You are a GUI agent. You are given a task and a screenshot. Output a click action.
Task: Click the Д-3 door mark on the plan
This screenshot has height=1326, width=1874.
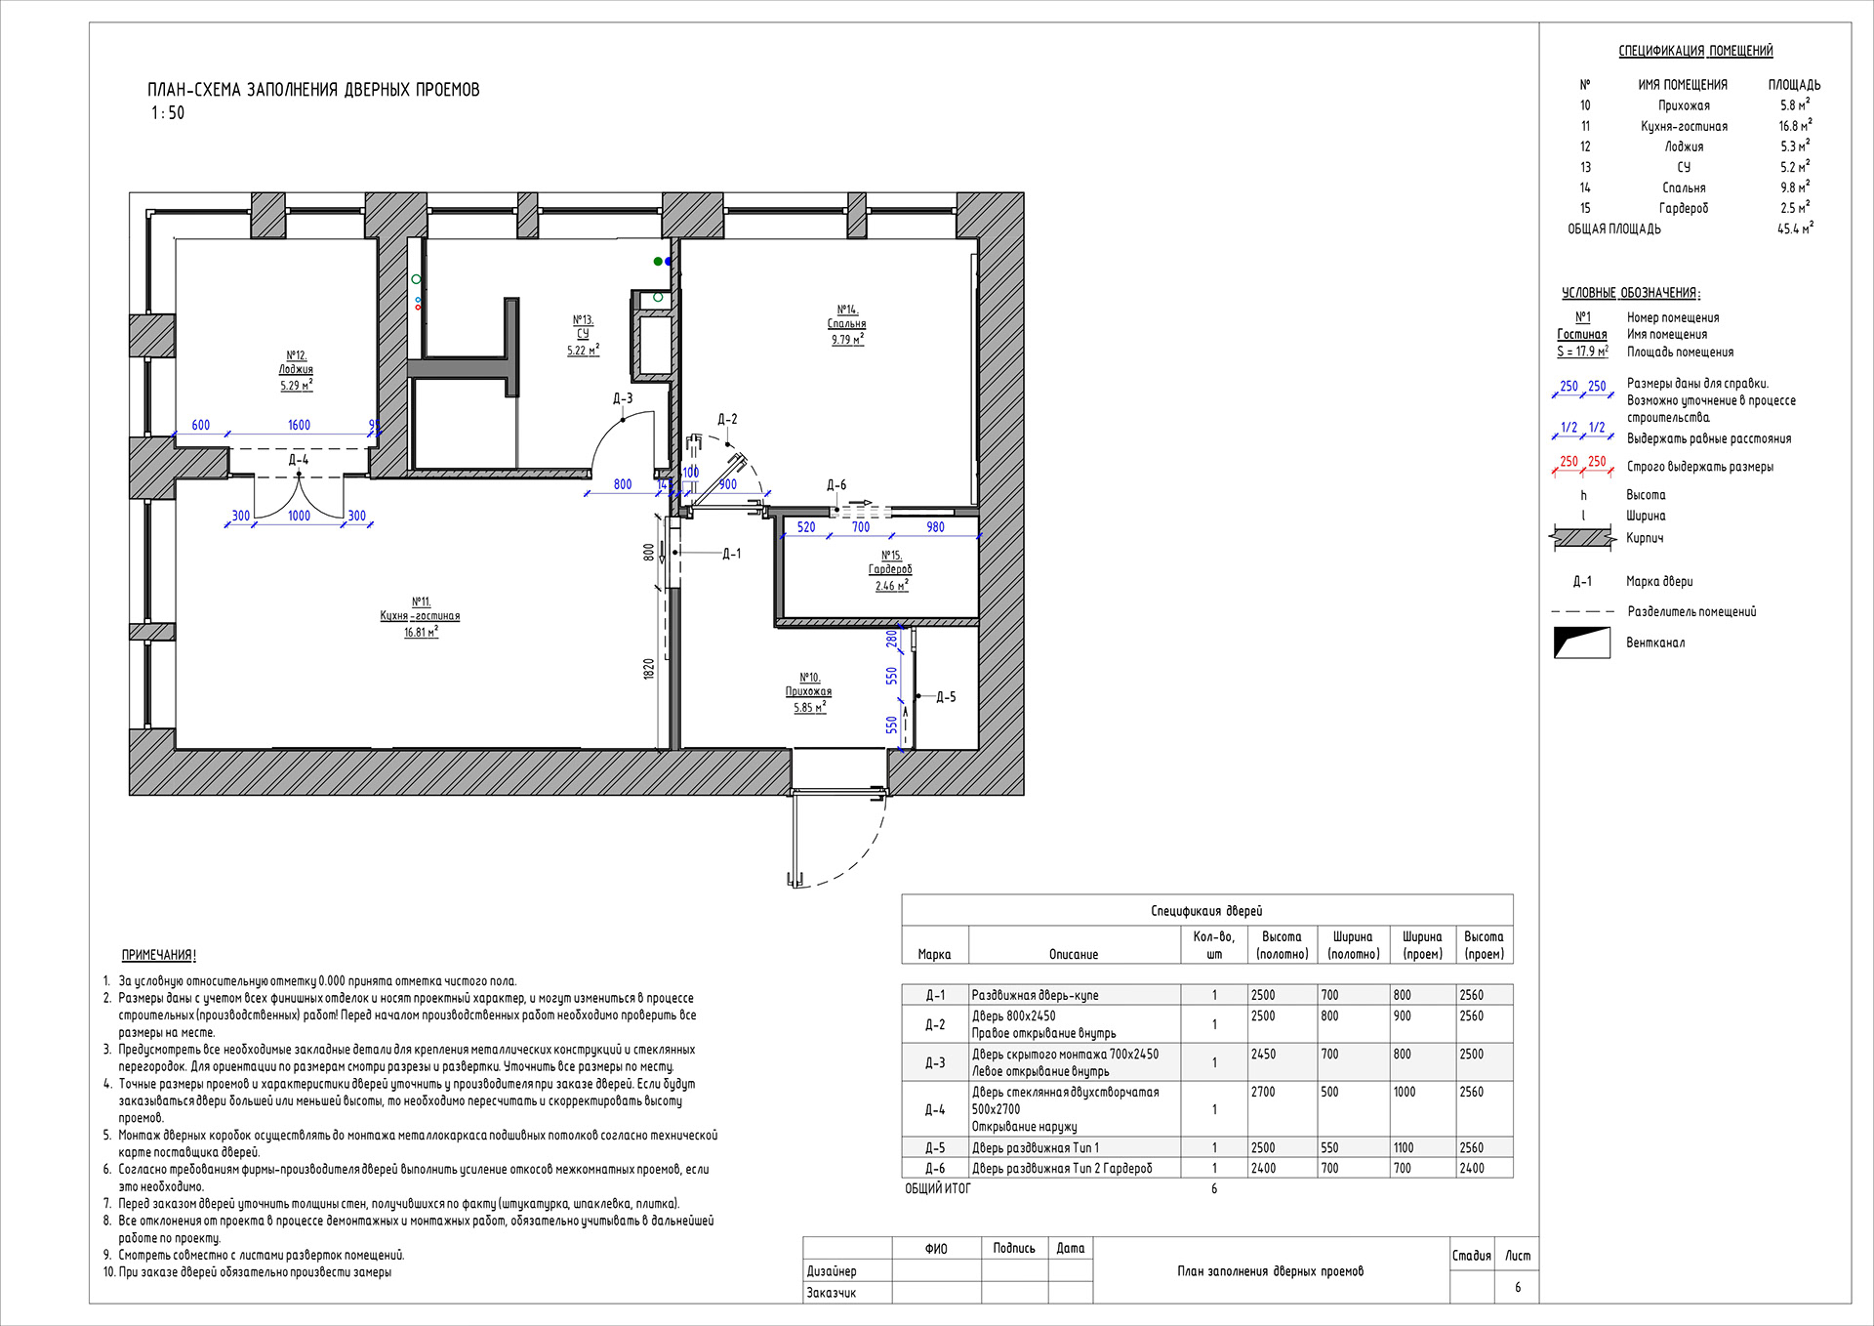click(623, 398)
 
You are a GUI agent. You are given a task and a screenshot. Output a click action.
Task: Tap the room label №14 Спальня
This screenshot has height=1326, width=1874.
click(846, 324)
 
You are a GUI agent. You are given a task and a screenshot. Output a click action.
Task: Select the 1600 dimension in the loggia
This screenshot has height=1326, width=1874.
click(299, 425)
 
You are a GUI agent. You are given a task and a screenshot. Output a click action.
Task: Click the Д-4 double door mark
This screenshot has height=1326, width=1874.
click(298, 459)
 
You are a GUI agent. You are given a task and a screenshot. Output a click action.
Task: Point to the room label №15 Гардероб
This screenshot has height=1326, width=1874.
click(891, 570)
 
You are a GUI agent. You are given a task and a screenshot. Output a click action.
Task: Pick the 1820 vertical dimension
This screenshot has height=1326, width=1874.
click(648, 669)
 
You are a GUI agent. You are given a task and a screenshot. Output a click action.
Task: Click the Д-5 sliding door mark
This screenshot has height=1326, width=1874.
click(945, 697)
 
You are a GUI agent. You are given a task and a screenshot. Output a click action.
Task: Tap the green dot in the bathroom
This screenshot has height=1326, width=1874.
click(658, 261)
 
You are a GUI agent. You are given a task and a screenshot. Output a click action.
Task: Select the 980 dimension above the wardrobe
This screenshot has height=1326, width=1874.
click(935, 527)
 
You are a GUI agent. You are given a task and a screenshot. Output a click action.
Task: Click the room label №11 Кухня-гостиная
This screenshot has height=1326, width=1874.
click(421, 616)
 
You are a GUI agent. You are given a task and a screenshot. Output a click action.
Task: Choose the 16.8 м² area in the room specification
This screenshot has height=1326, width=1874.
click(1794, 126)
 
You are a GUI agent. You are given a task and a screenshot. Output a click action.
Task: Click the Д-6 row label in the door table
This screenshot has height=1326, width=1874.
click(934, 1168)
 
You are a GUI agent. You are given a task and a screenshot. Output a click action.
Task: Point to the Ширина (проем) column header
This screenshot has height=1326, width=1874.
click(1421, 945)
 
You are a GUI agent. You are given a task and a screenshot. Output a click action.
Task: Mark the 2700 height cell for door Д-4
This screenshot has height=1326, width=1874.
click(1263, 1092)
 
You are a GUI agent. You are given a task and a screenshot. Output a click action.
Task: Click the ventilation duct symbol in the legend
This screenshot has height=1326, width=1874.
click(1581, 642)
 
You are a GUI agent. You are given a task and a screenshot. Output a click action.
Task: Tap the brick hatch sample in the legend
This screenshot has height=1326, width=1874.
click(1581, 538)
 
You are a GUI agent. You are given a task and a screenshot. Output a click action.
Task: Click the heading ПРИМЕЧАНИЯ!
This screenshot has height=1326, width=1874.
click(158, 955)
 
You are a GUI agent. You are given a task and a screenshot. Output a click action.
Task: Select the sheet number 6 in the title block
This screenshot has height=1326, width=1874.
click(1517, 1287)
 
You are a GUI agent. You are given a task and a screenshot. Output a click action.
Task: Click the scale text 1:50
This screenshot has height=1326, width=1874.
click(168, 113)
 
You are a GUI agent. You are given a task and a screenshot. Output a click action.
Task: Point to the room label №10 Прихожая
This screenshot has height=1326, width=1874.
click(808, 691)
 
